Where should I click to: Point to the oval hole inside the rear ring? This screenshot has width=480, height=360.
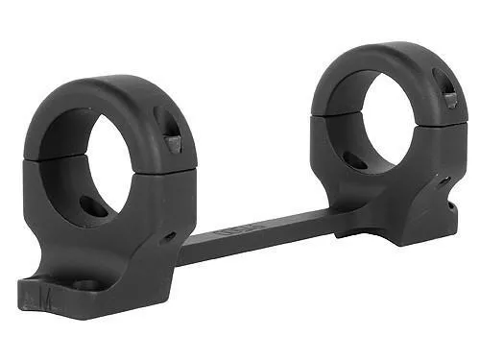[x=357, y=159]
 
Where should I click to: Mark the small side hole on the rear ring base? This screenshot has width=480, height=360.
[x=444, y=179]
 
